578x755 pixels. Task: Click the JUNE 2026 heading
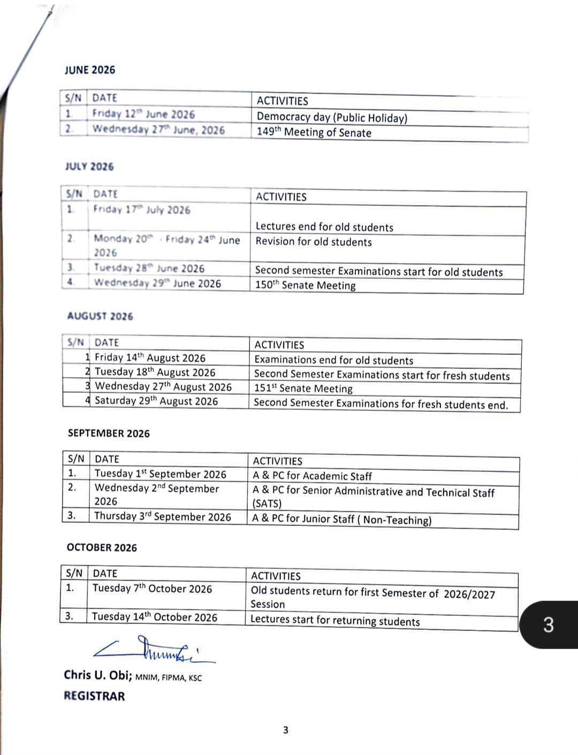pyautogui.click(x=89, y=70)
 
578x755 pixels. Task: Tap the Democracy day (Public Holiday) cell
pyautogui.click(x=332, y=118)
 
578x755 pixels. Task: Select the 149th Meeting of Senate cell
pyautogui.click(x=314, y=133)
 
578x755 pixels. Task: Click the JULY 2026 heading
pyautogui.click(x=89, y=166)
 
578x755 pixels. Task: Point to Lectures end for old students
pyautogui.click(x=324, y=227)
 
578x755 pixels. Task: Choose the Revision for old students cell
pyautogui.click(x=314, y=242)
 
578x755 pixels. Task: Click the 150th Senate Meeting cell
pyautogui.click(x=305, y=285)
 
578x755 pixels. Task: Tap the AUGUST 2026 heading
pyautogui.click(x=100, y=316)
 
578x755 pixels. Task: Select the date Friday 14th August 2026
pyautogui.click(x=150, y=358)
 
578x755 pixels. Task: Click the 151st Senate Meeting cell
pyautogui.click(x=303, y=388)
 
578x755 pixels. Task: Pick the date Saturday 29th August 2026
pyautogui.click(x=156, y=401)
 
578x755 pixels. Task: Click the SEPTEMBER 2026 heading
pyautogui.click(x=109, y=433)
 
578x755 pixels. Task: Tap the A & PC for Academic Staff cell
pyautogui.click(x=312, y=476)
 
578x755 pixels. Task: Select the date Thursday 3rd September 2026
pyautogui.click(x=163, y=516)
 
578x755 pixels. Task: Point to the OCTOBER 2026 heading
pyautogui.click(x=102, y=547)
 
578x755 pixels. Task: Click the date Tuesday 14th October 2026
pyautogui.click(x=154, y=617)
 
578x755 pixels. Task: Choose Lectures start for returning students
pyautogui.click(x=335, y=621)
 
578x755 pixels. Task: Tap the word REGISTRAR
pyautogui.click(x=94, y=696)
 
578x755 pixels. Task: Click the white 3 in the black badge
pyautogui.click(x=549, y=625)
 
